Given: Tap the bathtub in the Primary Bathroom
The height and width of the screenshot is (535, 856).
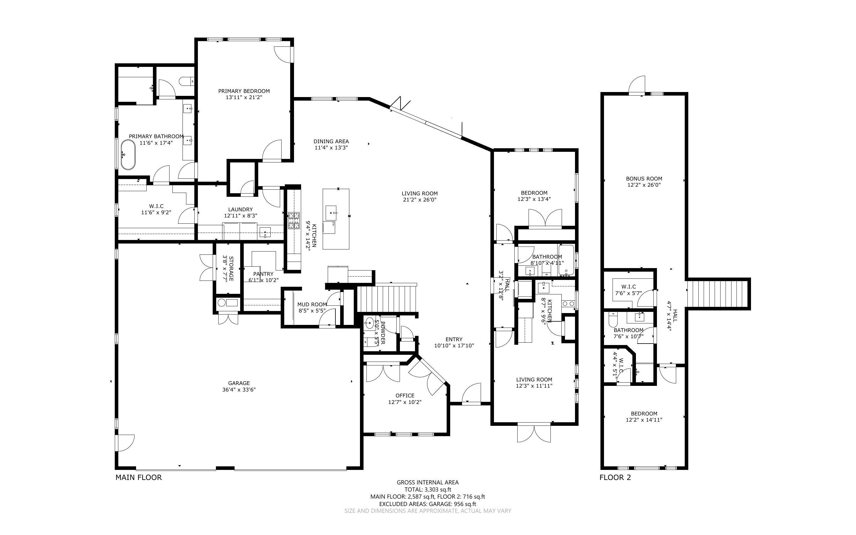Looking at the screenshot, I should point(128,155).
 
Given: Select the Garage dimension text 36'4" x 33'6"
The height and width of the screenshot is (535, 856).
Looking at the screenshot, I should point(239,390).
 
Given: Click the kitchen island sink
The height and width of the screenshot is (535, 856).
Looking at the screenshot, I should point(331,213).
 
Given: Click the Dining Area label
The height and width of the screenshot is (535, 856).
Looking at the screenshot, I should point(331,141).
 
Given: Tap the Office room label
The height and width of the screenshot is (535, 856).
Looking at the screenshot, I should point(405,396).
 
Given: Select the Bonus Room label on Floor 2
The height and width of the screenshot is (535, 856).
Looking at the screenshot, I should point(644,179).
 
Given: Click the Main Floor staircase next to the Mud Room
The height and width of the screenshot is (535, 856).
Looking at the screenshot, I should point(387,299).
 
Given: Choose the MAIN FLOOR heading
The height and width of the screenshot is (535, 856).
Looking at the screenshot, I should point(139,477).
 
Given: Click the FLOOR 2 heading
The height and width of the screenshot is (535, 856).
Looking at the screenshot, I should point(615,477).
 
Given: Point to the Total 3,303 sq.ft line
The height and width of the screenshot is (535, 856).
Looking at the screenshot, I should point(427,490).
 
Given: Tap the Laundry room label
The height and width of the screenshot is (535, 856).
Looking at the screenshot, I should point(240,210).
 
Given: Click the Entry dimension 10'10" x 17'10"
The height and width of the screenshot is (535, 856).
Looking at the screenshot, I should point(454,346).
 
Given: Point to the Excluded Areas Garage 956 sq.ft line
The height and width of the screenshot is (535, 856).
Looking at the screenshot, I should point(427,504).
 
